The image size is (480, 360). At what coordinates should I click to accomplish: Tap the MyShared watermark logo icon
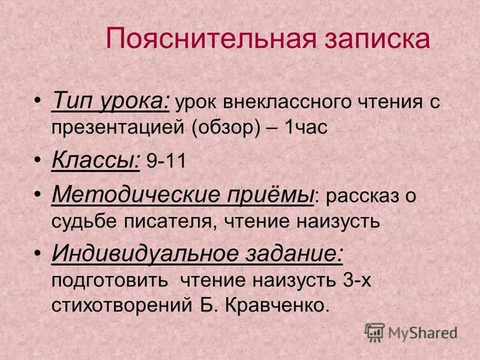click(374, 332)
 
